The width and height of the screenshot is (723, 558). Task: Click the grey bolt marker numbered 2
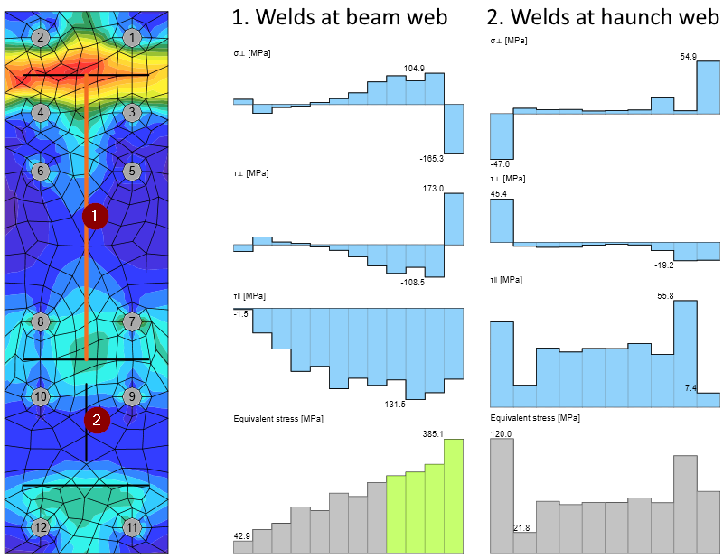point(40,37)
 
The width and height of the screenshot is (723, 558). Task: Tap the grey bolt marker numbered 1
point(133,37)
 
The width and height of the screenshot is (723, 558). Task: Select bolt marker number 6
point(40,171)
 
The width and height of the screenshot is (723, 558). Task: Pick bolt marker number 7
point(133,321)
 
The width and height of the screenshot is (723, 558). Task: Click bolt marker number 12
point(40,527)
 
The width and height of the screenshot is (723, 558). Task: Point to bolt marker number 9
point(133,395)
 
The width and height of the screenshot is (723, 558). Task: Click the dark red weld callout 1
point(95,216)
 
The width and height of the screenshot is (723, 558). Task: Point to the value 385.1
point(435,433)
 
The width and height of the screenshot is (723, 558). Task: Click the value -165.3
point(432,158)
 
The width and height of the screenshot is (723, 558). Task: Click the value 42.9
point(241,535)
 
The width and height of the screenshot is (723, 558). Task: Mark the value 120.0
point(502,434)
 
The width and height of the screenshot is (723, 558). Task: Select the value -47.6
point(502,164)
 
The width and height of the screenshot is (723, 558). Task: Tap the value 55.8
point(665,295)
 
